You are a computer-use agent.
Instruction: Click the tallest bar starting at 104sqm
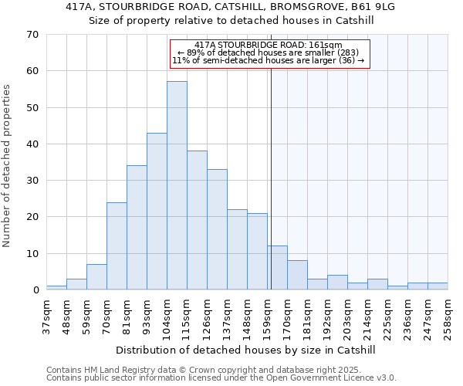pos(177,185)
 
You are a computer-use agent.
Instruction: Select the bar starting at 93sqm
pos(157,212)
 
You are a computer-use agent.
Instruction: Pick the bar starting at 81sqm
pos(137,228)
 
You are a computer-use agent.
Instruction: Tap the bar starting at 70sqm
pos(117,246)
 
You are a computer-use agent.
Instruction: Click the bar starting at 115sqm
pos(197,220)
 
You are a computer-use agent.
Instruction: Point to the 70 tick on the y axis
pos(32,34)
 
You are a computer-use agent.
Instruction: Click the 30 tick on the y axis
pos(32,181)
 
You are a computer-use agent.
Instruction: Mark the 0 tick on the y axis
pos(35,290)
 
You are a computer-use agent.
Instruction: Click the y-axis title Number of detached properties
pos(7,166)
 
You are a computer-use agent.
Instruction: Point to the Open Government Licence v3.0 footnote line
pos(221,378)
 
